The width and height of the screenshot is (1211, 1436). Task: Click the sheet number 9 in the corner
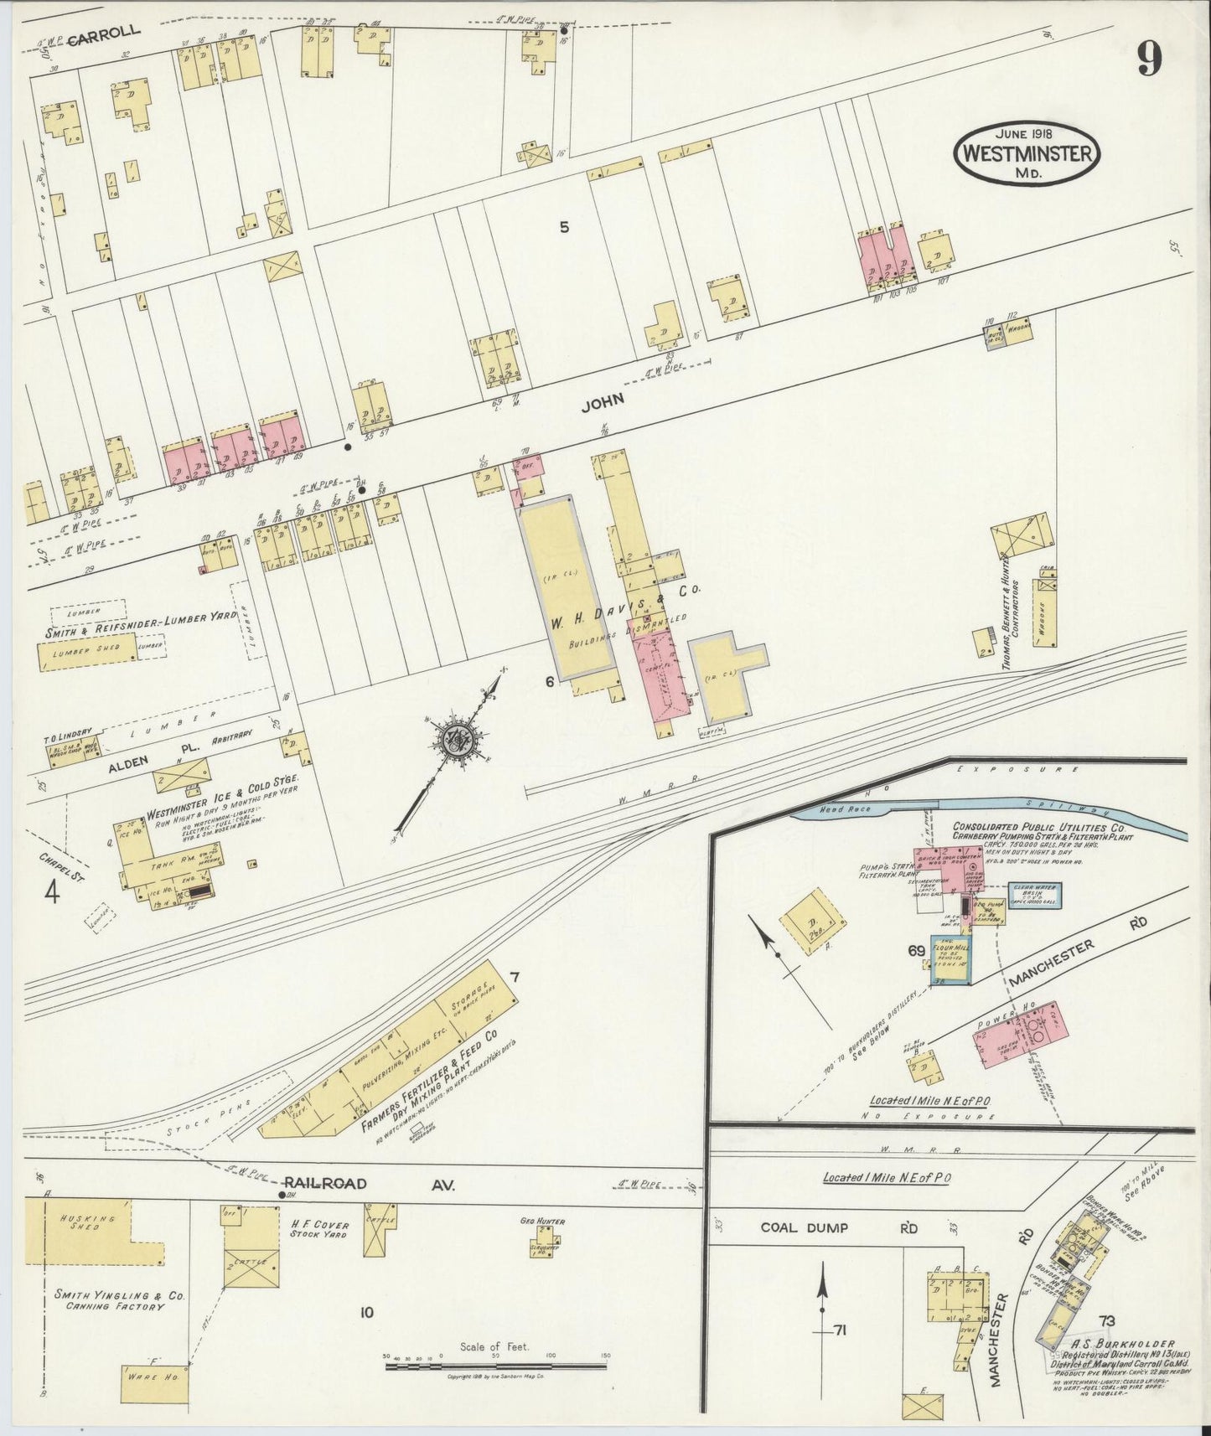1149,59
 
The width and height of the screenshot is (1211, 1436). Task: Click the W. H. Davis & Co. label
624,599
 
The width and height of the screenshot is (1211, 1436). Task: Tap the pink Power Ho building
1017,1034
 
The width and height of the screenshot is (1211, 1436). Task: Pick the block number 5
564,226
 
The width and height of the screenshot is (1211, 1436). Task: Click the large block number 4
52,894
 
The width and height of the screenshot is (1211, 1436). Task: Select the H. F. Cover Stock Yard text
318,1229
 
